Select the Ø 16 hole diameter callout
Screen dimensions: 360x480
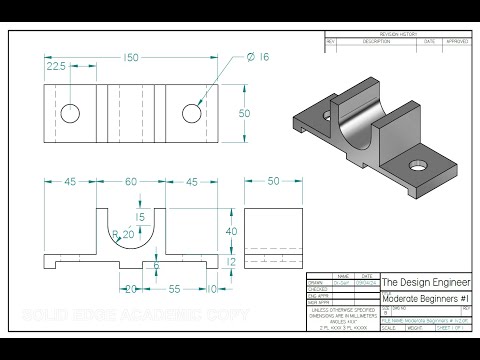257,58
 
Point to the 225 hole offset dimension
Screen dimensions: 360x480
57,67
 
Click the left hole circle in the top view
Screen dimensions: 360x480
70,113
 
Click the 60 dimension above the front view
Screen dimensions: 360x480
130,183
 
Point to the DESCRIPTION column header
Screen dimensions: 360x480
376,42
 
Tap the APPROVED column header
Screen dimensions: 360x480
457,42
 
